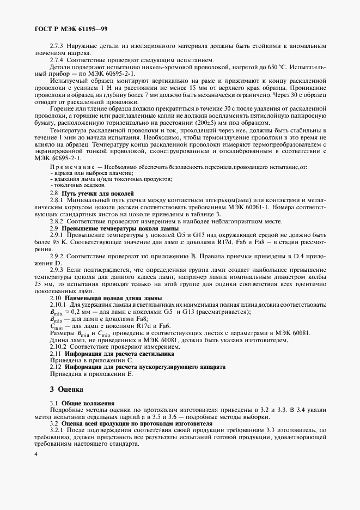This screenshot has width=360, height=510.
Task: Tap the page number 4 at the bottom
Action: pos(35,454)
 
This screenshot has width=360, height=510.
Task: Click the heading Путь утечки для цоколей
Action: pos(97,193)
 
